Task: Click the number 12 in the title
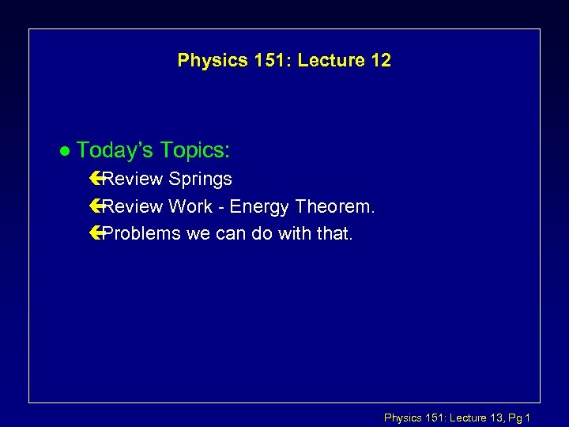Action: click(379, 61)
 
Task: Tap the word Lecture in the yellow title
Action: click(325, 61)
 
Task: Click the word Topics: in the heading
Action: click(194, 150)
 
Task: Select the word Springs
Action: click(200, 179)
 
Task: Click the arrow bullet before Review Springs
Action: click(96, 179)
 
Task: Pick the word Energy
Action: click(260, 207)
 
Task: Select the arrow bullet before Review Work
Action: click(96, 207)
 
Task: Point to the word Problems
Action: click(138, 234)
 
